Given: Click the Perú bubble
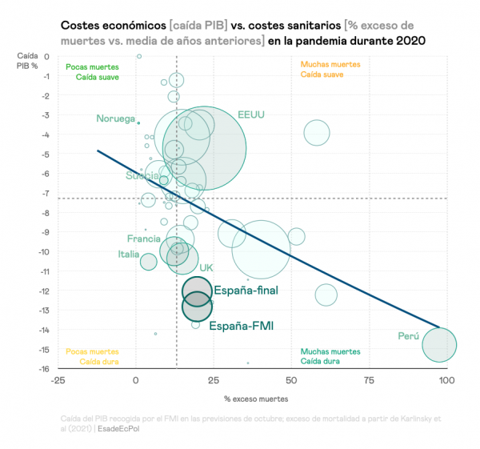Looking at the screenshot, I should tap(439, 346).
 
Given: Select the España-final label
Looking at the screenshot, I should tap(246, 291).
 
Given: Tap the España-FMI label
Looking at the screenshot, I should tap(242, 326).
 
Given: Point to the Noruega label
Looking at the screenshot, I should tap(116, 118).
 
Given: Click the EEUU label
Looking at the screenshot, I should tap(251, 114).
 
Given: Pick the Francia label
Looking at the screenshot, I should tap(144, 239).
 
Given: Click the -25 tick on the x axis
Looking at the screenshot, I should tap(58, 380).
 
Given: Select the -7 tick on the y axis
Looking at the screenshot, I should tap(46, 193).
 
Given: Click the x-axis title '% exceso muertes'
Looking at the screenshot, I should tap(255, 398).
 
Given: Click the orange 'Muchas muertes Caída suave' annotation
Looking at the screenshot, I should tap(330, 70).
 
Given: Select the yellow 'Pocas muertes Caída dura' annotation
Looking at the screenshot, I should tap(92, 356).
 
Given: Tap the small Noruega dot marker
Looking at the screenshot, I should tap(138, 123).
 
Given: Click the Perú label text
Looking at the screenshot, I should tap(408, 337).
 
